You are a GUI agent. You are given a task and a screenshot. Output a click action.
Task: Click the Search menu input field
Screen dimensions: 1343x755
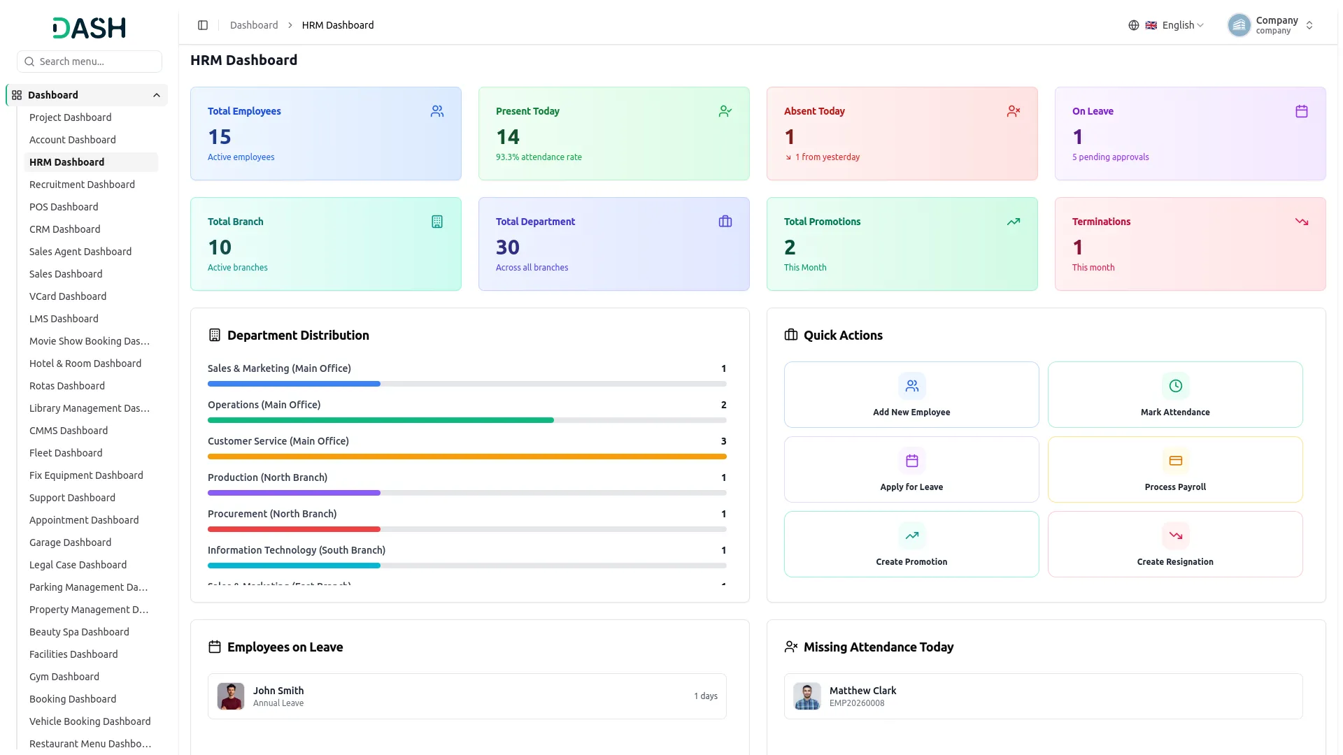point(90,62)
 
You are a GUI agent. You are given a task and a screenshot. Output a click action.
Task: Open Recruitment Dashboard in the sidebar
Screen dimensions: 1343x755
point(82,185)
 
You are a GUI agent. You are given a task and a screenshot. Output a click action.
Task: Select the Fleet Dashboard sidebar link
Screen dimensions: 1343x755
point(66,453)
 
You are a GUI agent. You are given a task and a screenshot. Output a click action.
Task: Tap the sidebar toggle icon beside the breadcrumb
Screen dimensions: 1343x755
point(203,25)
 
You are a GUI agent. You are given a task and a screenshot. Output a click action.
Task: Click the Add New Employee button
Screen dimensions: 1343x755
point(911,394)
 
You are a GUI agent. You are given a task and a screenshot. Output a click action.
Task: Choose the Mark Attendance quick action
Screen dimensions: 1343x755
point(1175,394)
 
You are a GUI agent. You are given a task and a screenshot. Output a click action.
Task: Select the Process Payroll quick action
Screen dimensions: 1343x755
point(1175,469)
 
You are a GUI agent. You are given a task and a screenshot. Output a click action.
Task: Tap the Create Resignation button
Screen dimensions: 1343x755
point(1175,544)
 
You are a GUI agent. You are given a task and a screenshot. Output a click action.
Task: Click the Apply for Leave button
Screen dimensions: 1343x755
point(911,469)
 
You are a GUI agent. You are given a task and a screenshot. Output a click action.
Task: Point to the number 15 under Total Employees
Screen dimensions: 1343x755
point(220,137)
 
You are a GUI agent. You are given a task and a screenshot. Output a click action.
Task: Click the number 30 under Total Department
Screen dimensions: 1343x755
point(508,247)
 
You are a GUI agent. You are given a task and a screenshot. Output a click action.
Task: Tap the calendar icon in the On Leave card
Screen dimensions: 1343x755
point(1302,111)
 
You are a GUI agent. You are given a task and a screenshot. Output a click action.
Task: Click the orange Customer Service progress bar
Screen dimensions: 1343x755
point(467,456)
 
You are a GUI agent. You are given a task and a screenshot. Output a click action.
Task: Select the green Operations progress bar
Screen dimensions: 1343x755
point(381,420)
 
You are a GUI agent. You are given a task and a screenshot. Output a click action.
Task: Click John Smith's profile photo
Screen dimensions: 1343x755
point(231,696)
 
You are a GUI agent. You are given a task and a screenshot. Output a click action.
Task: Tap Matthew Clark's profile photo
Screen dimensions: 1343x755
point(807,696)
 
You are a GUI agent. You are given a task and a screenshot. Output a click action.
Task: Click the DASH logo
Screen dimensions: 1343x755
point(90,28)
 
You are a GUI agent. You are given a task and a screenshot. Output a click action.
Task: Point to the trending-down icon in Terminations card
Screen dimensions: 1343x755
point(1302,222)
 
